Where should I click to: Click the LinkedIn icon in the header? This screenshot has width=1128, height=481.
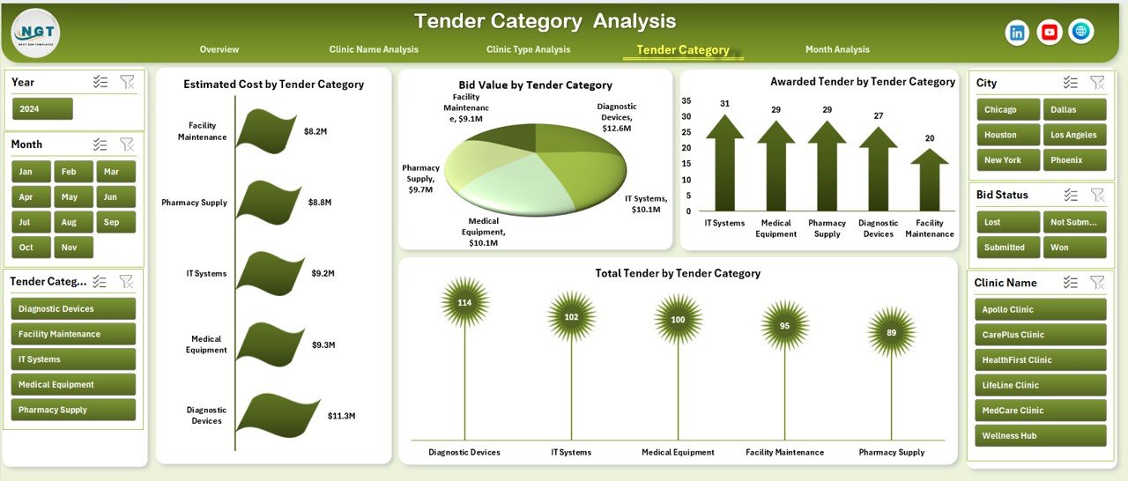(x=1017, y=33)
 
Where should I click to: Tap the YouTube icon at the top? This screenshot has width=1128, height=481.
(x=1049, y=33)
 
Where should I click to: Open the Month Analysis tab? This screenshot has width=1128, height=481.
(x=836, y=49)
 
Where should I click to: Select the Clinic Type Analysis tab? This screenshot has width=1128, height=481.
(x=528, y=49)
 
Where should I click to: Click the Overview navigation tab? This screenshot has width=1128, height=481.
(x=219, y=49)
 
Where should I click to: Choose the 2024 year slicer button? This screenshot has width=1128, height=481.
(x=42, y=109)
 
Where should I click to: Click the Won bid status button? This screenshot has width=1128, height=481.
(x=1074, y=248)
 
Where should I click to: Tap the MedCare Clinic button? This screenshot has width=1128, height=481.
(x=1040, y=411)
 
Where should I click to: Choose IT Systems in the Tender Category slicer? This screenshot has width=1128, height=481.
(x=73, y=359)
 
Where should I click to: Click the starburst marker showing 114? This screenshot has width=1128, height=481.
(x=464, y=303)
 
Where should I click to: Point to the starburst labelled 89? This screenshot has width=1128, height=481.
(x=891, y=332)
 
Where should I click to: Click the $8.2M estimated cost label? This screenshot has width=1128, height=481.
(x=315, y=131)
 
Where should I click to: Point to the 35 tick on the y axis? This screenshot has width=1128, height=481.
(x=686, y=100)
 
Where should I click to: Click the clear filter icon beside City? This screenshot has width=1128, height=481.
(x=1097, y=83)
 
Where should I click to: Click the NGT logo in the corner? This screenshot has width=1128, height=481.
(x=35, y=33)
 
